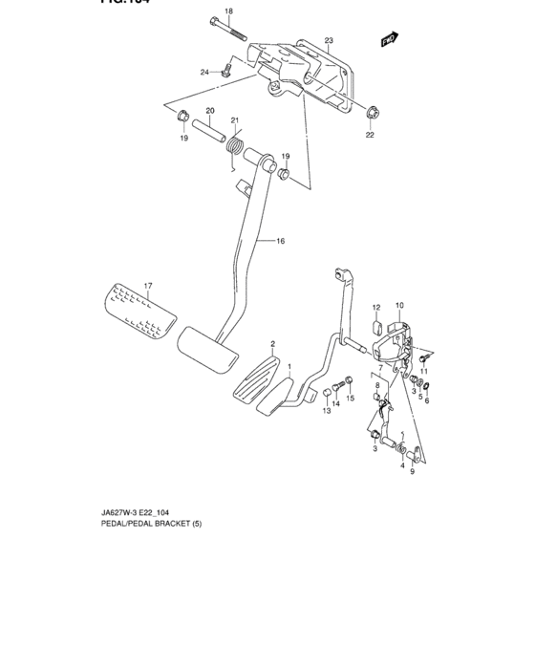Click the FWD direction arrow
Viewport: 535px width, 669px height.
388,40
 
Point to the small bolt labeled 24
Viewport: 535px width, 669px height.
225,70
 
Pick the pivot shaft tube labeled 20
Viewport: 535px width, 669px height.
209,131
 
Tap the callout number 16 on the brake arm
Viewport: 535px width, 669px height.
281,241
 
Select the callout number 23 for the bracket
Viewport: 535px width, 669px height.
328,41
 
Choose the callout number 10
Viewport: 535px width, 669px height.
398,305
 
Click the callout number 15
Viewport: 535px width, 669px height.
350,398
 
